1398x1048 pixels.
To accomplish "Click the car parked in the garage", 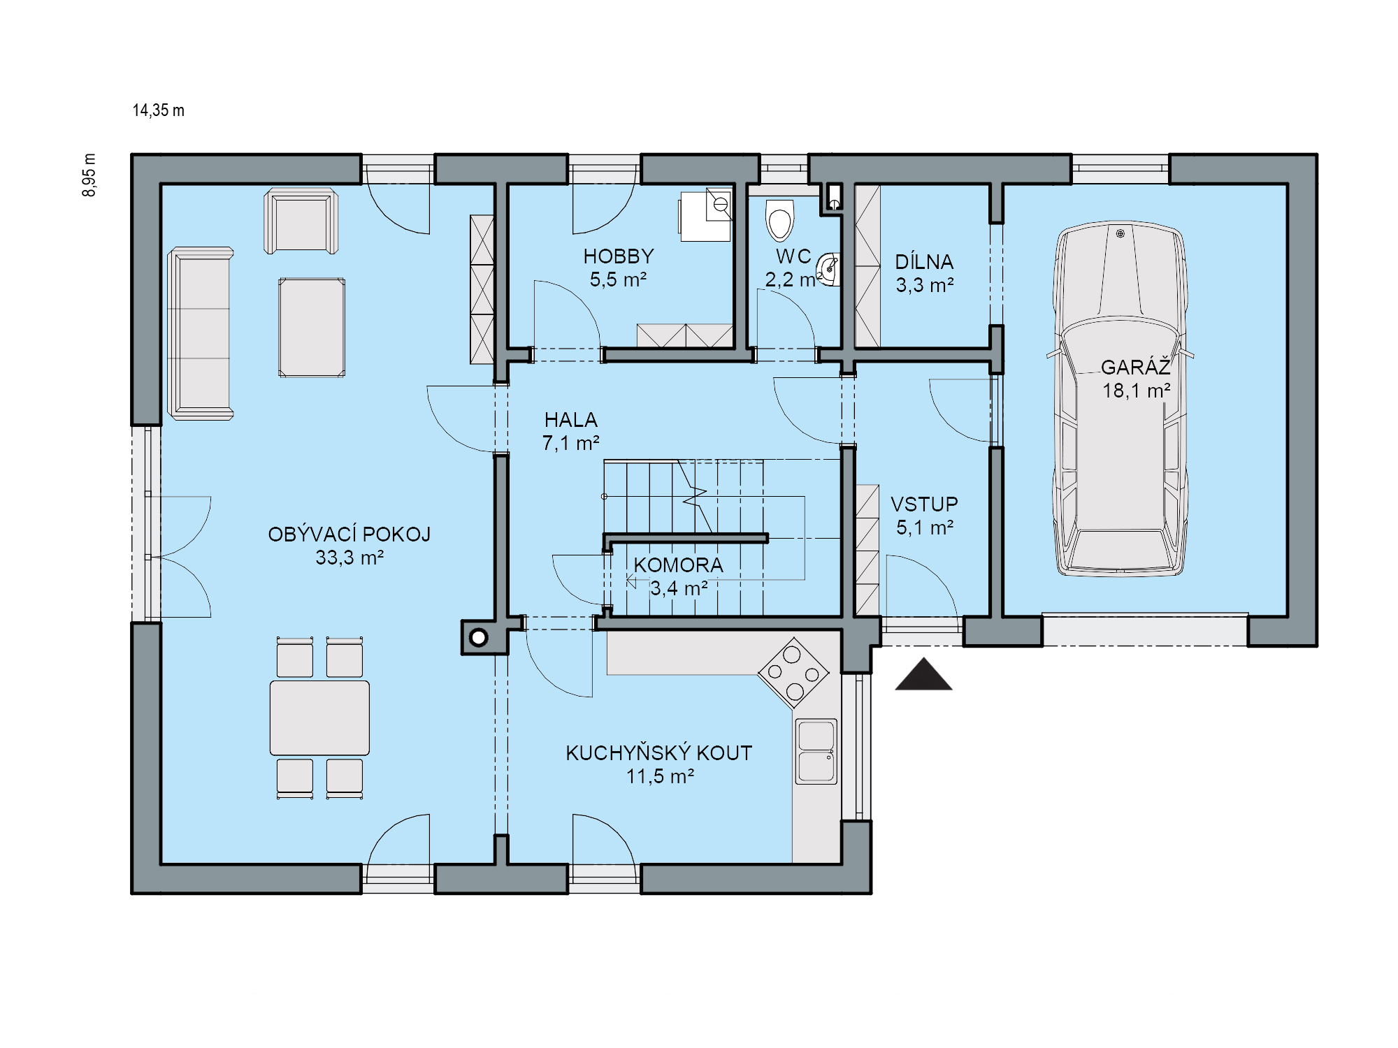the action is (1120, 399).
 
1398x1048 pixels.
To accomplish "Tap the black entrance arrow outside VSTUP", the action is (923, 675).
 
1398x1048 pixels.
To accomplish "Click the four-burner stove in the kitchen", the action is (793, 673).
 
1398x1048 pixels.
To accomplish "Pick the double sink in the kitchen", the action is (816, 751).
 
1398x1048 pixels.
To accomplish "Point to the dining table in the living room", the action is (319, 718).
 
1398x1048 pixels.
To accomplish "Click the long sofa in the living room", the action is (201, 333).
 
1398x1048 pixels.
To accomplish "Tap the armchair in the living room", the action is (301, 221).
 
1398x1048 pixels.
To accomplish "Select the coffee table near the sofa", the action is (312, 328).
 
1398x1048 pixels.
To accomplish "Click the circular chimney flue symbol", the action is (479, 637).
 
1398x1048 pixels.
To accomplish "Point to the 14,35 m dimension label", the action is (159, 110).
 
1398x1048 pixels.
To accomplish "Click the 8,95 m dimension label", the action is (89, 175).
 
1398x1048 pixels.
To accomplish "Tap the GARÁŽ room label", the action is (1135, 367).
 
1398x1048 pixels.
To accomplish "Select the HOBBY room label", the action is (619, 256).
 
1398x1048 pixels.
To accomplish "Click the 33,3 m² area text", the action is (349, 558).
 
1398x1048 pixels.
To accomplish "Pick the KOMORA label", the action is (679, 565).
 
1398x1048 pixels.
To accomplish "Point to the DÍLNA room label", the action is (924, 262).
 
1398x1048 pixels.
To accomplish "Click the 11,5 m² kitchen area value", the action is (660, 776).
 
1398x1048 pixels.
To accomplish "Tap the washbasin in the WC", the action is (829, 269).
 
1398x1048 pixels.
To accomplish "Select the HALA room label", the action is (571, 420).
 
